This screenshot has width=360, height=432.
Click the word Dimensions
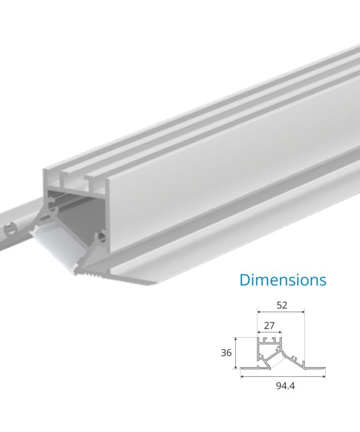tap(283, 280)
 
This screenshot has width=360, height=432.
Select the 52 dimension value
tap(282, 305)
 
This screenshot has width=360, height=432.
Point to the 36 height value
tap(226, 353)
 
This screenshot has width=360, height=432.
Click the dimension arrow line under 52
tap(281, 312)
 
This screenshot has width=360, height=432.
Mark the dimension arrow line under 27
tap(269, 332)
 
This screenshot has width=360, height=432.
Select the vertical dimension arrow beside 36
tap(236, 353)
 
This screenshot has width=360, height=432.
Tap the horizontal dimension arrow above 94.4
tap(283, 377)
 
